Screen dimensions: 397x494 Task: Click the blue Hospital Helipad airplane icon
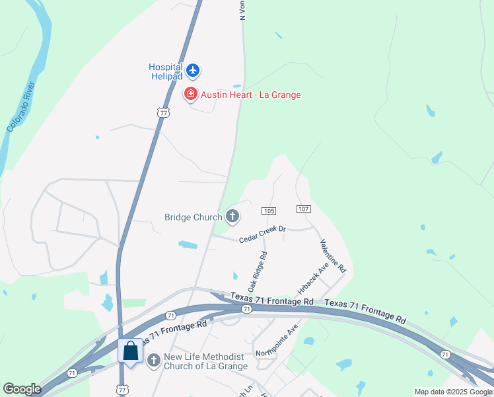(192, 70)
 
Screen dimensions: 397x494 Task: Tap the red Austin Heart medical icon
(191, 95)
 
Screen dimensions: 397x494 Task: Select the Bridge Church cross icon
(232, 216)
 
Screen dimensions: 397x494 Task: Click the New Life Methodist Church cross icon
(154, 361)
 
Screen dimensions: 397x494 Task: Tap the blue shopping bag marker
(131, 351)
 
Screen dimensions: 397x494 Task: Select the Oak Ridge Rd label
(257, 271)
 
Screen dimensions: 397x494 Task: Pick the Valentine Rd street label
(332, 256)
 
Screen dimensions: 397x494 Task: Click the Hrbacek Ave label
(312, 278)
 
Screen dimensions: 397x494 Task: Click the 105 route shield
(268, 210)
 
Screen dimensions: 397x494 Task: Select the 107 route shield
(303, 209)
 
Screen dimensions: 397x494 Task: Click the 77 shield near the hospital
(163, 112)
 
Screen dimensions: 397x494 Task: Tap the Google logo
(22, 389)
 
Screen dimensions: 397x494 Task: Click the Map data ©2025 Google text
(453, 392)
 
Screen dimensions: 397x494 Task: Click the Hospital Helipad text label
(165, 71)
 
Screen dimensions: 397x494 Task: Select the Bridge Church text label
(194, 216)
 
